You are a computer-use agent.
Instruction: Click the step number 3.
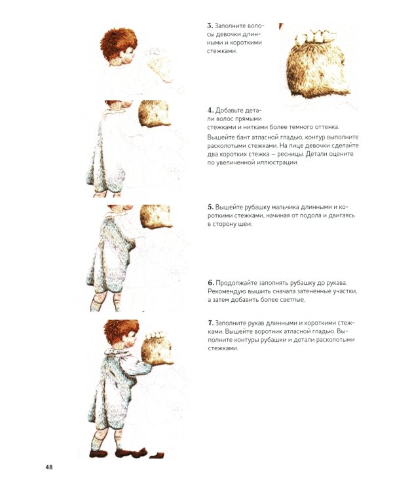pos(210,26)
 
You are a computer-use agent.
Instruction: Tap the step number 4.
pos(210,110)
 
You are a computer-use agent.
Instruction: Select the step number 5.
pos(210,207)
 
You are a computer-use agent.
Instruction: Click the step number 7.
pos(210,323)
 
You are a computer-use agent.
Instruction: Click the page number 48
pos(49,467)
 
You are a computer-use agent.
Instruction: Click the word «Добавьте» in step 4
pos(229,111)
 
